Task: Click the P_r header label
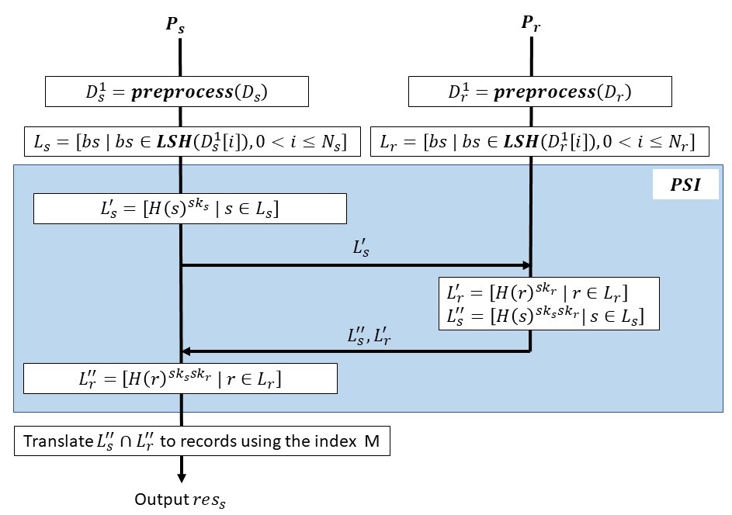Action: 532,23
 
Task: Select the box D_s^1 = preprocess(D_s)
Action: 177,92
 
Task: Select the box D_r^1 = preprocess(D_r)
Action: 539,92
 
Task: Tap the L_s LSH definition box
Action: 193,142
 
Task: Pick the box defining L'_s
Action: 190,208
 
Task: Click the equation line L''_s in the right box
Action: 549,316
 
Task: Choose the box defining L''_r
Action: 180,379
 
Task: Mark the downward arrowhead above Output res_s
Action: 181,477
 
